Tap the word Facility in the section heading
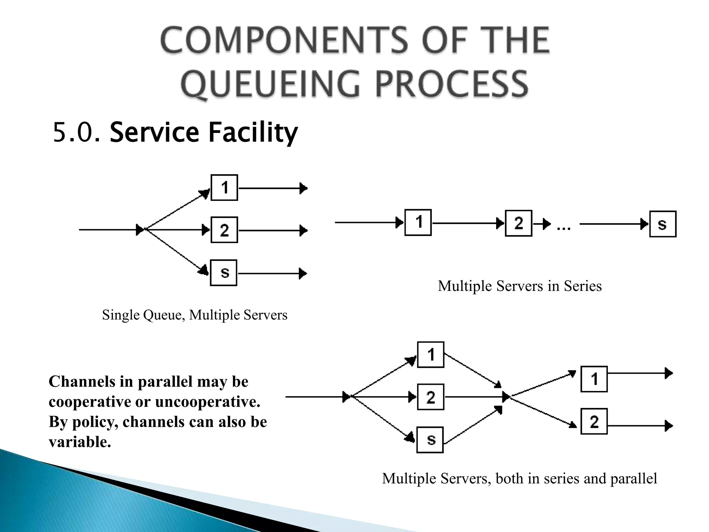(x=253, y=133)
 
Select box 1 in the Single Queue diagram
(x=224, y=188)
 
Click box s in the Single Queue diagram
(x=224, y=273)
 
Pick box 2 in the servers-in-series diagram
(x=518, y=223)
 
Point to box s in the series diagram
(x=663, y=224)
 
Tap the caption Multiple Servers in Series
(x=520, y=286)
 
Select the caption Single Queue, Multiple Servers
(x=195, y=315)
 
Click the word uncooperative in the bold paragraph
(x=207, y=402)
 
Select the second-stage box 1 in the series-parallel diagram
(x=594, y=379)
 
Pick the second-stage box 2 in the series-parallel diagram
(x=594, y=422)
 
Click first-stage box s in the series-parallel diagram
(x=430, y=440)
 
